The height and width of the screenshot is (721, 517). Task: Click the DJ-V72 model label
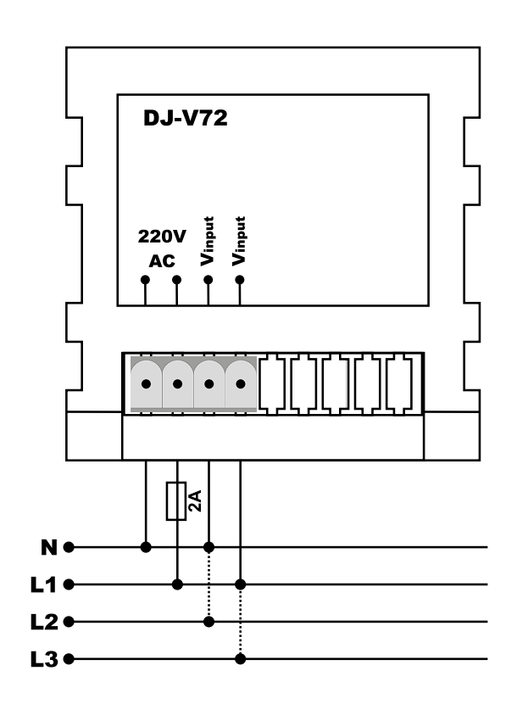point(186,118)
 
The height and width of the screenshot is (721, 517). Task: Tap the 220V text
point(162,237)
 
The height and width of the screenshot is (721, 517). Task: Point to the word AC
point(162,260)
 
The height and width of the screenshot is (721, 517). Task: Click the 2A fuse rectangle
point(176,501)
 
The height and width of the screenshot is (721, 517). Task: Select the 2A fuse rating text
point(195,500)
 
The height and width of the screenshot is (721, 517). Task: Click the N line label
point(49,547)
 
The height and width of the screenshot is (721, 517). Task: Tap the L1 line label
point(43,584)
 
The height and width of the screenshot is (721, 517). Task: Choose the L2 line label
point(44,622)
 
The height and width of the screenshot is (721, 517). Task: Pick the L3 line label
point(44,659)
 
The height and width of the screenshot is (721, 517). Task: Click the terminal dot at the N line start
point(69,547)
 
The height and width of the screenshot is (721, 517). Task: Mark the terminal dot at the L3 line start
point(69,659)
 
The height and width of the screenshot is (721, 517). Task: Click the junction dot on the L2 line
point(208,622)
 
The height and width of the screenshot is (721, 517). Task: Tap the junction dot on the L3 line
point(240,659)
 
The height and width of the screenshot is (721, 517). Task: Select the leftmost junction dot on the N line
point(146,547)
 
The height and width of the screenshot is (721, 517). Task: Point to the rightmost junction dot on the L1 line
point(240,584)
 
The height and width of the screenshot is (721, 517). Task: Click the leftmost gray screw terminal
point(146,384)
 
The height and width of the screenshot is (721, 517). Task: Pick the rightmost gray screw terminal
point(241,384)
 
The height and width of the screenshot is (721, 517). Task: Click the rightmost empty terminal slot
point(399,384)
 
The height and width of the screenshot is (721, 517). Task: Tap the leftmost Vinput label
point(208,241)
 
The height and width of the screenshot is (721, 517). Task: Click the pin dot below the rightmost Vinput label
point(239,280)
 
